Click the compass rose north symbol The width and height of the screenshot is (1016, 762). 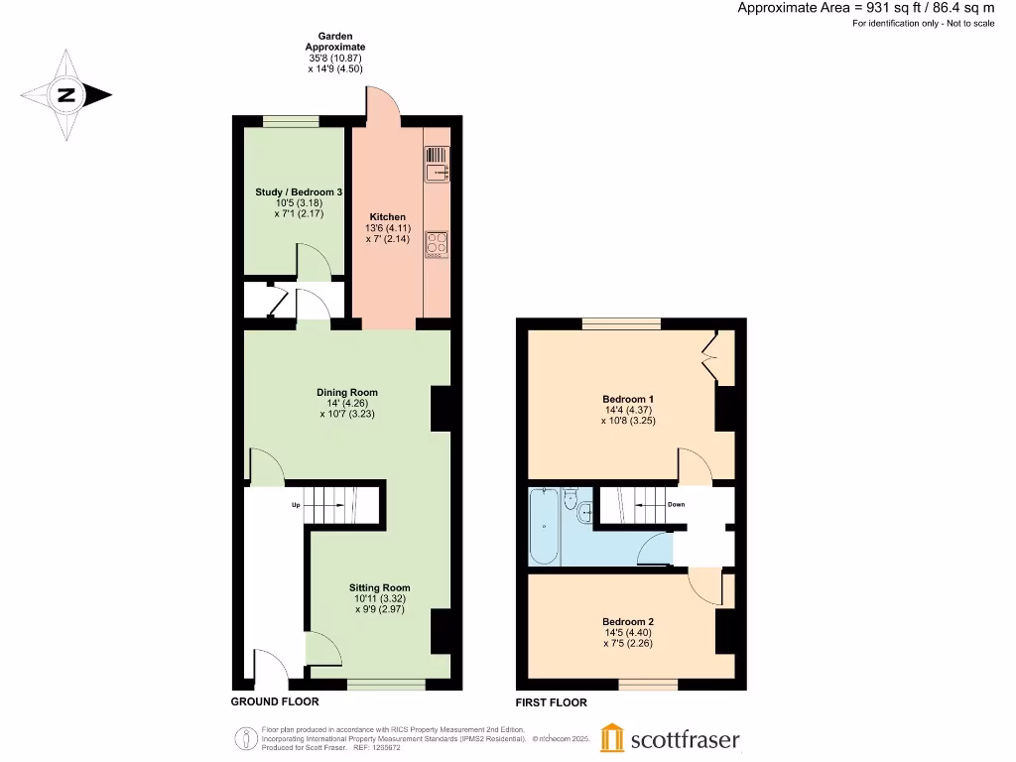(x=66, y=96)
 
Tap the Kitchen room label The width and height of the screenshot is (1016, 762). (x=387, y=216)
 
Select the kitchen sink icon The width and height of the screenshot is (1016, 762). (x=437, y=165)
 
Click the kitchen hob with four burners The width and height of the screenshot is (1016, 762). (x=437, y=243)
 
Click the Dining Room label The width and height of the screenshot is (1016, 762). (x=347, y=392)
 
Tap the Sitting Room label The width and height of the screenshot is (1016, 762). (x=379, y=587)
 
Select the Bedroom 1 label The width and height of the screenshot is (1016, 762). (x=628, y=399)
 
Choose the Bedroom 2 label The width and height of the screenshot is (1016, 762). (x=628, y=621)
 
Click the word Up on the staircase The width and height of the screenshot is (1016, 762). (x=295, y=505)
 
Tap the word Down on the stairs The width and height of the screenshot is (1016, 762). (x=675, y=504)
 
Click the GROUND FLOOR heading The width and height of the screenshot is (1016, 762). (x=275, y=701)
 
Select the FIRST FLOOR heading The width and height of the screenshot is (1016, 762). (x=551, y=702)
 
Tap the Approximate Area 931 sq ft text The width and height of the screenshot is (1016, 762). (x=865, y=8)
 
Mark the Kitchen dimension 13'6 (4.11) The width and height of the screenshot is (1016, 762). (x=387, y=227)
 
